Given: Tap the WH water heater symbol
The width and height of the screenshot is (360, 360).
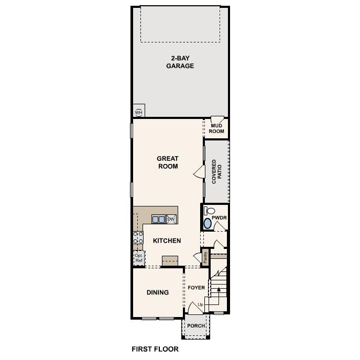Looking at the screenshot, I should (139, 112).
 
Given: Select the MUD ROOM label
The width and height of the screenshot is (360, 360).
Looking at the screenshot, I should (217, 128).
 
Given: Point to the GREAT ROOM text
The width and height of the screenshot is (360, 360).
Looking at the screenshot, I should (168, 162).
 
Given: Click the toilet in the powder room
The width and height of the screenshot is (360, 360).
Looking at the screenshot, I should (208, 211).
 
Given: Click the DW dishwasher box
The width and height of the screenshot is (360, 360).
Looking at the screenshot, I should (171, 219).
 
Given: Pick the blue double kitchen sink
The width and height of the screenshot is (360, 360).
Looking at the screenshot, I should (158, 219).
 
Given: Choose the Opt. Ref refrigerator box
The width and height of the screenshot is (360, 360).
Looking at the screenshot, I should (139, 257).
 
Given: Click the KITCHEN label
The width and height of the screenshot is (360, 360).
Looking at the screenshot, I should (167, 241).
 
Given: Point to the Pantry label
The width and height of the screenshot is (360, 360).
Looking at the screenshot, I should (205, 257).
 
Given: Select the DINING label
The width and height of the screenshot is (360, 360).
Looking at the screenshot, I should (158, 292).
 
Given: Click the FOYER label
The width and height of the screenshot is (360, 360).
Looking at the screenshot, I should (197, 288).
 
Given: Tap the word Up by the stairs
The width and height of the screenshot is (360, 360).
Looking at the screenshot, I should (201, 304).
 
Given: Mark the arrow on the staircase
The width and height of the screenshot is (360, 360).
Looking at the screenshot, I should (219, 289).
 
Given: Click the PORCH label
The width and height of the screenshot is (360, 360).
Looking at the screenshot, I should (197, 326).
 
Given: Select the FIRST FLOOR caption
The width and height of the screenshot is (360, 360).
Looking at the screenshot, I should (155, 349).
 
